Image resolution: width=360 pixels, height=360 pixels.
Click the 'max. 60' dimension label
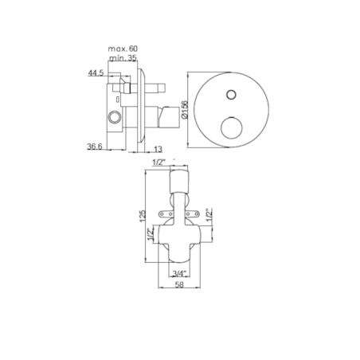point(123,49)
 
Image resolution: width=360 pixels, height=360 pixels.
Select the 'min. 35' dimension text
point(123,58)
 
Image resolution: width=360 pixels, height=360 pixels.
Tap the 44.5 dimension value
point(96,73)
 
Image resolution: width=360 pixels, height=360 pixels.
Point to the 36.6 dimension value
point(95,147)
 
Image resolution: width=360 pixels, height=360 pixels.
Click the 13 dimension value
point(158,149)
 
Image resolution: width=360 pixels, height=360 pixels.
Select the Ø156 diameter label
point(184,109)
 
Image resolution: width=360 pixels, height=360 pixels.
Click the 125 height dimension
point(143,216)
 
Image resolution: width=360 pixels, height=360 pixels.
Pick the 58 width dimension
point(179,284)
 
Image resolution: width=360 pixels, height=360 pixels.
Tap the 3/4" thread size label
point(180,273)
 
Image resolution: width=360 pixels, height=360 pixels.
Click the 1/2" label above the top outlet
point(158,162)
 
